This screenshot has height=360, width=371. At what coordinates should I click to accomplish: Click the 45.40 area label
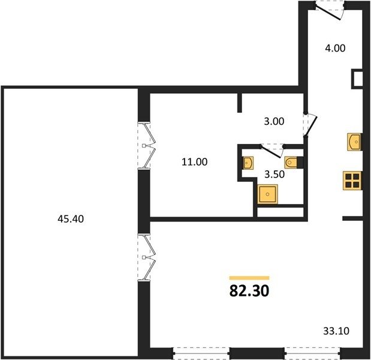pyautogui.click(x=71, y=219)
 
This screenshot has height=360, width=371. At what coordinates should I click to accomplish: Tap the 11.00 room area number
pyautogui.click(x=195, y=162)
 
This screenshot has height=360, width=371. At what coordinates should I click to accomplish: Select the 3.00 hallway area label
pyautogui.click(x=274, y=121)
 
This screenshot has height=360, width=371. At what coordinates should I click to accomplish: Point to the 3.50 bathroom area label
pyautogui.click(x=275, y=175)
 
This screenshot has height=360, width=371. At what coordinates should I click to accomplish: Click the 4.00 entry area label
pyautogui.click(x=335, y=48)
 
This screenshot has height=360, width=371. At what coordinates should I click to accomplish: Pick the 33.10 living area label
pyautogui.click(x=336, y=331)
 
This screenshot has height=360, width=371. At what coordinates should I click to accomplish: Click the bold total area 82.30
pyautogui.click(x=249, y=291)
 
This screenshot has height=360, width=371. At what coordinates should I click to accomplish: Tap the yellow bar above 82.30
pyautogui.click(x=249, y=278)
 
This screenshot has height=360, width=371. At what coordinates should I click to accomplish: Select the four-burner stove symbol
pyautogui.click(x=352, y=181)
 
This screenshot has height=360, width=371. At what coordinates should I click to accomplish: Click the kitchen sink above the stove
pyautogui.click(x=354, y=142)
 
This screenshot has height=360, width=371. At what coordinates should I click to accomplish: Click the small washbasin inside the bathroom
pyautogui.click(x=248, y=163)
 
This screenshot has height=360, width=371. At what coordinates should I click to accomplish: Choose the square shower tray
pyautogui.click(x=267, y=194)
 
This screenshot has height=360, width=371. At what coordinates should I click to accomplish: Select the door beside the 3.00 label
pyautogui.click(x=310, y=125)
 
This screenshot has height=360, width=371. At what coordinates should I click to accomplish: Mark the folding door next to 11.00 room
pyautogui.click(x=147, y=146)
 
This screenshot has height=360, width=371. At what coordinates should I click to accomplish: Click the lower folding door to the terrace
pyautogui.click(x=147, y=257)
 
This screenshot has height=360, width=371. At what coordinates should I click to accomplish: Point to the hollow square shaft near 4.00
pyautogui.click(x=357, y=79)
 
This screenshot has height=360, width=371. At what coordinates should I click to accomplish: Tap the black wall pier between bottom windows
pyautogui.click(x=257, y=353)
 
